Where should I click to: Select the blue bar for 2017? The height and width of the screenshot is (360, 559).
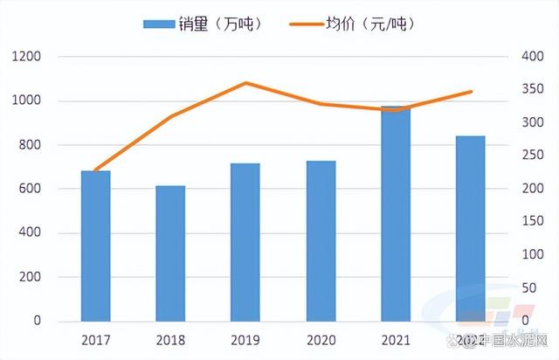pyautogui.click(x=96, y=246)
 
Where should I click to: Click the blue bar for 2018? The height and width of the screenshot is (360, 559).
pyautogui.click(x=170, y=253)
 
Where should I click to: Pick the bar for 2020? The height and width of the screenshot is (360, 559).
pyautogui.click(x=321, y=241)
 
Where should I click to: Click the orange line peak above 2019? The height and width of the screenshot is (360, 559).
pyautogui.click(x=245, y=83)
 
